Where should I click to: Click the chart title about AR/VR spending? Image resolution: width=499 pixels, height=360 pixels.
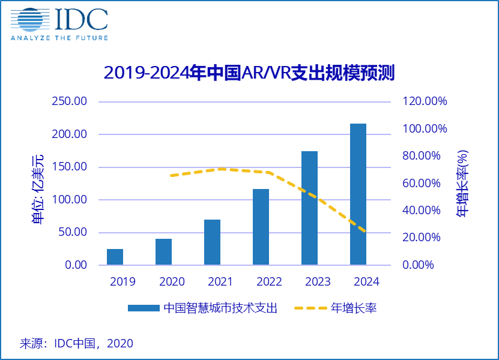(249, 73)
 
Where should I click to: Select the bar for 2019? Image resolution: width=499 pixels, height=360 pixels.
(115, 257)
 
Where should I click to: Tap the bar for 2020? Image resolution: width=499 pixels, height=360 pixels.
(163, 252)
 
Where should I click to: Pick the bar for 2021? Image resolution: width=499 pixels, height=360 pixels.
(212, 242)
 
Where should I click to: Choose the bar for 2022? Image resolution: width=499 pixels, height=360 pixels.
(261, 227)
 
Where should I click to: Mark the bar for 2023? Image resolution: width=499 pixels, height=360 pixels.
(309, 208)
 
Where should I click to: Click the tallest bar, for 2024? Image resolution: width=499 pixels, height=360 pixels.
(358, 194)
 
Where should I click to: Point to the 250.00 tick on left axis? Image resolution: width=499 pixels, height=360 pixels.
(70, 101)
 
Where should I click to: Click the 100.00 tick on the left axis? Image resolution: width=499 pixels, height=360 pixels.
(70, 200)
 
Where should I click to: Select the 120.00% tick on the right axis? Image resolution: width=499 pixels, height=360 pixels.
(425, 101)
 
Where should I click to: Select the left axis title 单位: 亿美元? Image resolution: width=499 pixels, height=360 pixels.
(38, 189)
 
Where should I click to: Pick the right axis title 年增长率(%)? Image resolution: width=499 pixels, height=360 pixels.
(463, 183)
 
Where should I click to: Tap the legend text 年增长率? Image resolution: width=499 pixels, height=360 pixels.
(354, 308)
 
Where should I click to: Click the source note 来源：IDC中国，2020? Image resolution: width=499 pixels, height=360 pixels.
(77, 344)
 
